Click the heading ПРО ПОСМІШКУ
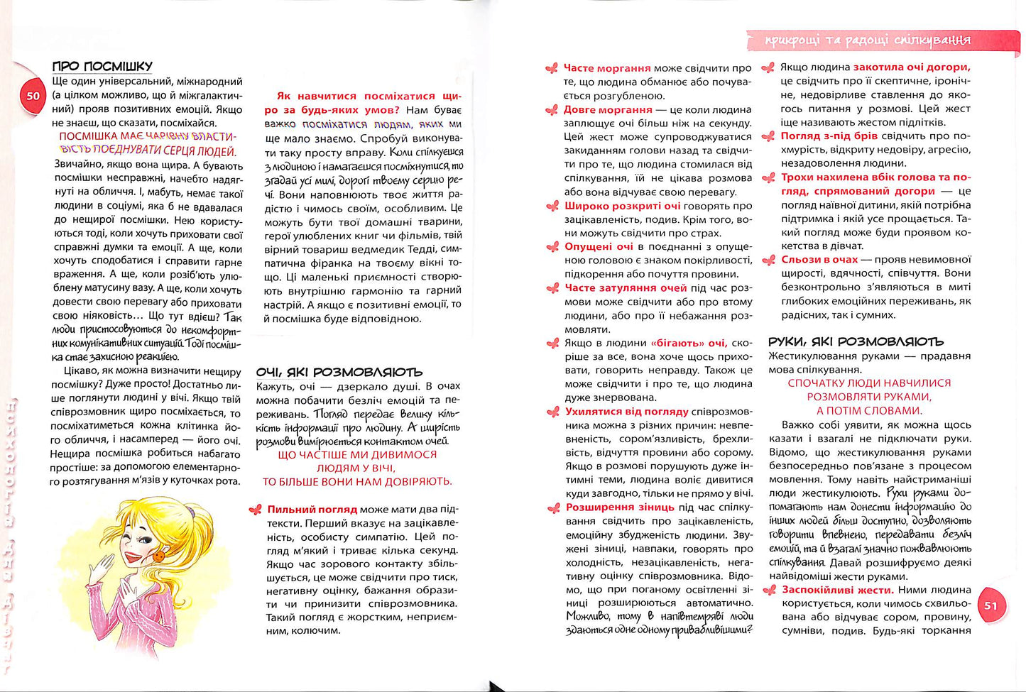(102, 66)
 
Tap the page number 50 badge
(33, 96)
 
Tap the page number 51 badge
(990, 605)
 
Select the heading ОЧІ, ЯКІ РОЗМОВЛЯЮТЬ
(339, 372)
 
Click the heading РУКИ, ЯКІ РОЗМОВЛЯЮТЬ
(856, 341)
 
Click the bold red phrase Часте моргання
(607, 68)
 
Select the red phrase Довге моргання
(608, 109)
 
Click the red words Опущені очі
(599, 246)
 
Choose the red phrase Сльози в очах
(819, 260)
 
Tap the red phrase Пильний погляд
(312, 510)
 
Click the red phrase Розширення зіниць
(620, 507)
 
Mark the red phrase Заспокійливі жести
(836, 590)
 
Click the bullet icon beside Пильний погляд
(255, 510)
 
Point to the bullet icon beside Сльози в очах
(768, 260)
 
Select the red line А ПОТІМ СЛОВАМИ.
(869, 410)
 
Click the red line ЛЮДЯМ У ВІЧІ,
(356, 468)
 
